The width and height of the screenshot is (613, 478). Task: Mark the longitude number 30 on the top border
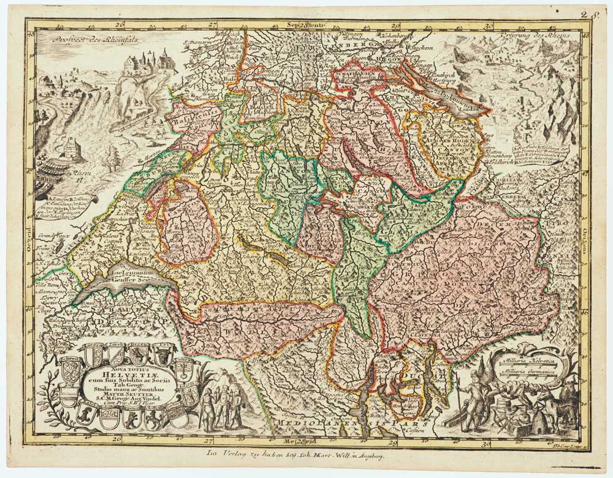tap(489, 26)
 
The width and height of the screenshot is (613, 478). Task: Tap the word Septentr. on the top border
tap(305, 26)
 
